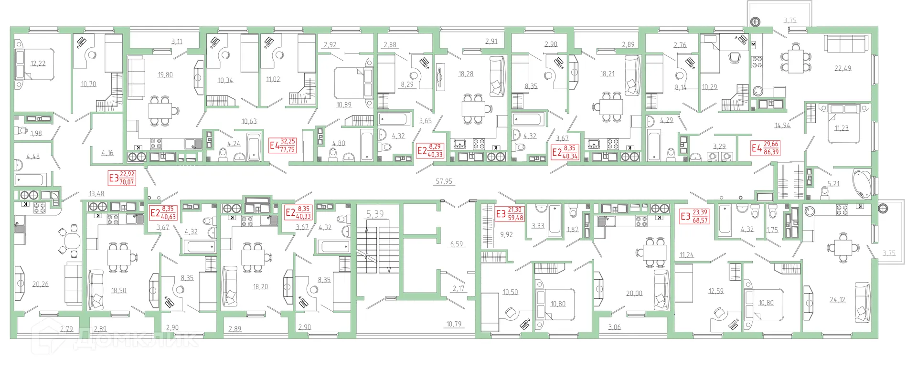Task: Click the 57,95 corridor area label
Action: point(444,181)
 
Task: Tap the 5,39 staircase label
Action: point(375,214)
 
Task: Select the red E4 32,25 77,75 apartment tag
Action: point(283,145)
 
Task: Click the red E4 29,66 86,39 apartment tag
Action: point(765,148)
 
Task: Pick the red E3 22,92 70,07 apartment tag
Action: point(122,178)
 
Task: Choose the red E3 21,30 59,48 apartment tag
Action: point(510,214)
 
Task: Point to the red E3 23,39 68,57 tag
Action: point(694,216)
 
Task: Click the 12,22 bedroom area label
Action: point(38,63)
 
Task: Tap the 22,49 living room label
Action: point(842,68)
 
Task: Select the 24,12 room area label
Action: point(837,300)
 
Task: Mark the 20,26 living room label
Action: point(40,284)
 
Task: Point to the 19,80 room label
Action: point(165,75)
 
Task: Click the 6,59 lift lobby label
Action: point(456,244)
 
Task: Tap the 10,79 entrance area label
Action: point(454,324)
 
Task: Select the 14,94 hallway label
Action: point(782,126)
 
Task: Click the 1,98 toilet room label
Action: point(36,133)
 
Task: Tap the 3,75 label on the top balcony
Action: point(790,20)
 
